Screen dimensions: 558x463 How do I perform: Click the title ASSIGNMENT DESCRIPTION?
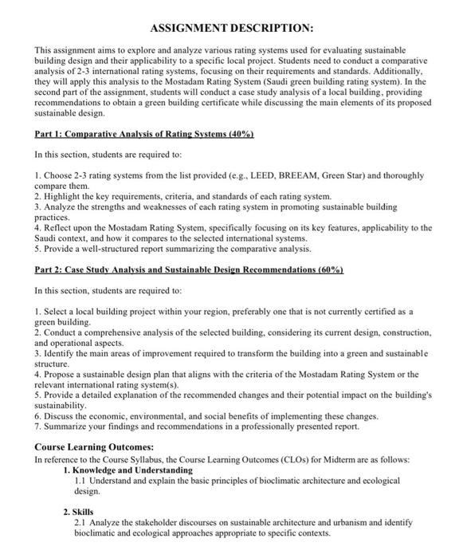231,28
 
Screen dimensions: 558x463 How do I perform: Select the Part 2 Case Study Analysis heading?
189,270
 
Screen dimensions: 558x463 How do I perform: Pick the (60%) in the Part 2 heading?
329,270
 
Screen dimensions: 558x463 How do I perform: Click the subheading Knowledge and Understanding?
133,470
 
